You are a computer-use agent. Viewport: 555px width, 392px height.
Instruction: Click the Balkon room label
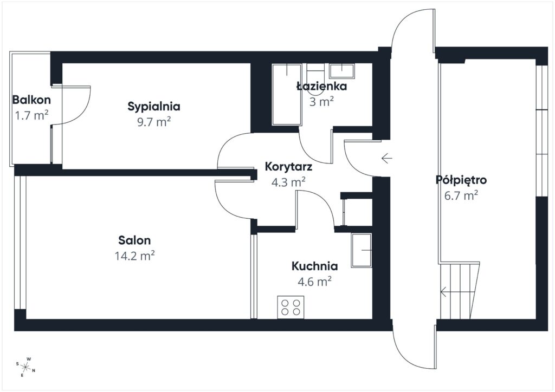(x=31, y=100)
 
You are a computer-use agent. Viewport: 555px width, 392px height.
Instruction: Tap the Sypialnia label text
(x=154, y=106)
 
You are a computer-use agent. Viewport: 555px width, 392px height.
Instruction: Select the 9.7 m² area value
(x=154, y=122)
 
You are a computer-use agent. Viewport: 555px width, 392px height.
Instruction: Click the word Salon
(x=135, y=240)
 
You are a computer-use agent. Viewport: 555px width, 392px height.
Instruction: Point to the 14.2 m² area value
(x=135, y=256)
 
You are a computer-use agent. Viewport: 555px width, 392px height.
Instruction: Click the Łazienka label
(x=321, y=86)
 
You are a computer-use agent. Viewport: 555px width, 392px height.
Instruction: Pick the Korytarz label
(x=288, y=167)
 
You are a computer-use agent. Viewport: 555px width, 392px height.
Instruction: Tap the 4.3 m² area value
(x=288, y=182)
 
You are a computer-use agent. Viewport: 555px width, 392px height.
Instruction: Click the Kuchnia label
(x=314, y=266)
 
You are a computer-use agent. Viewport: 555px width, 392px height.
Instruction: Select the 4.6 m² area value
(x=314, y=282)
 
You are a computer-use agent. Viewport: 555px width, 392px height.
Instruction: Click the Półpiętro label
(x=461, y=180)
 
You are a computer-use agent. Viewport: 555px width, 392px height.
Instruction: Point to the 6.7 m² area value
(x=461, y=195)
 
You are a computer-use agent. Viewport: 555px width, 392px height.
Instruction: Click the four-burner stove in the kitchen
(x=290, y=307)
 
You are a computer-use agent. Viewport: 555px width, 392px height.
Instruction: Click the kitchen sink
(x=361, y=250)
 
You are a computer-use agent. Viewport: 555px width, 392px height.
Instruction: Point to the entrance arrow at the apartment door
(x=386, y=158)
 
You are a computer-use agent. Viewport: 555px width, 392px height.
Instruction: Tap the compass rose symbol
(x=25, y=367)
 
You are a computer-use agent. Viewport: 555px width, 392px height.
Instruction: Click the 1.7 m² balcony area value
(x=31, y=115)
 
